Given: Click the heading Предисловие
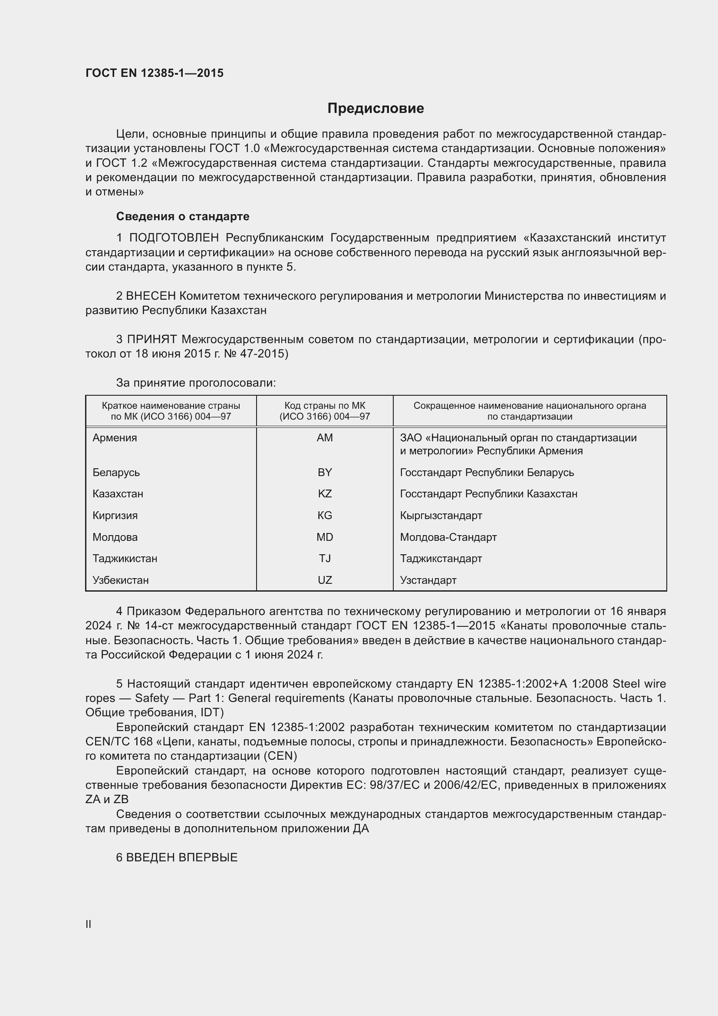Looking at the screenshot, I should click(x=375, y=109).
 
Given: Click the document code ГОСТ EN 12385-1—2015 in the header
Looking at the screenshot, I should click(x=154, y=73).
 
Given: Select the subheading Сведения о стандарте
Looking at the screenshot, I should click(x=183, y=216).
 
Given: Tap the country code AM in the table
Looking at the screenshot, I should click(x=325, y=438).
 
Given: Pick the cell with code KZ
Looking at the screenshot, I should click(x=325, y=493).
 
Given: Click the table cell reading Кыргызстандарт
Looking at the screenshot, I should click(x=441, y=515).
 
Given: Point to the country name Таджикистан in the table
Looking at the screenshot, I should click(x=125, y=559).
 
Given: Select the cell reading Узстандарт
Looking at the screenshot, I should click(x=428, y=580).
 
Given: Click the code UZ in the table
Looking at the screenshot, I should click(x=325, y=580).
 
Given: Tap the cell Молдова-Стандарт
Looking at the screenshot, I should click(x=448, y=537).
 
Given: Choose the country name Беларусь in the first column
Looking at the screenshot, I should click(x=116, y=472).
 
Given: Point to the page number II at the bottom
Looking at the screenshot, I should click(x=89, y=924).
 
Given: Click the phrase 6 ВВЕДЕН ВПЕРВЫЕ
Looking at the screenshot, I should click(x=177, y=857).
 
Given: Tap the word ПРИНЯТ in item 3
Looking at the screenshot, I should click(x=152, y=339).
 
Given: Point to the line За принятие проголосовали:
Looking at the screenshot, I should click(x=196, y=383).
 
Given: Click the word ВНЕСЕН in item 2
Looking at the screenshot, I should click(x=151, y=296).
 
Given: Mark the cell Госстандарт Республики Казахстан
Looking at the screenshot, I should click(x=488, y=493).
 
